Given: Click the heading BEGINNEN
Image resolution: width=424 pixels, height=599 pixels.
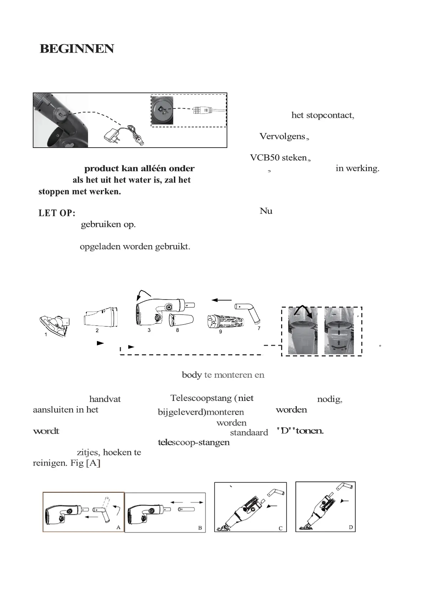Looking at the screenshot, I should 77,49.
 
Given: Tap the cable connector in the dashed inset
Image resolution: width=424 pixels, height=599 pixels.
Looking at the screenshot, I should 203,110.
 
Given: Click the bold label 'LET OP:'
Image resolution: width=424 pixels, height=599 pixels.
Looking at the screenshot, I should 57,213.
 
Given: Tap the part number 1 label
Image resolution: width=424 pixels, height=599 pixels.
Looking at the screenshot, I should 46,334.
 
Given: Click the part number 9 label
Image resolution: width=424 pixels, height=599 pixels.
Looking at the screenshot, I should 221,332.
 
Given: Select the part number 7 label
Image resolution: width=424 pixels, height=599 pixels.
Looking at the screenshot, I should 259,328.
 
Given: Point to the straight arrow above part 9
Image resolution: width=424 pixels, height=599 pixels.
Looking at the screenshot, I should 222,300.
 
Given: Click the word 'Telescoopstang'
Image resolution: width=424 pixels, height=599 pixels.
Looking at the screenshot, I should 201,398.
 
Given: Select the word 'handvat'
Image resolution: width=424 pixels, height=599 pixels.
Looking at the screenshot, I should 105,399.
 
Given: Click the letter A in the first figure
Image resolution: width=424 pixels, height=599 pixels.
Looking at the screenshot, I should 118,527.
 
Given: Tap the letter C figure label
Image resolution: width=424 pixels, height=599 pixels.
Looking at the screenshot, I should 280,528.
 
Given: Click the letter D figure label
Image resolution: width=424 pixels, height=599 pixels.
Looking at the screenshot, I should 351,527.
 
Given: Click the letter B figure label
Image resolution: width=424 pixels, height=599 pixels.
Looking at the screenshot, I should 200,528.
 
